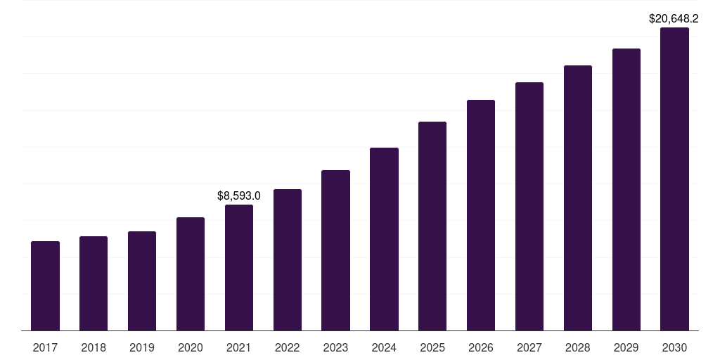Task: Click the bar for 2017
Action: pos(45,285)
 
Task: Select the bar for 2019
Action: pos(142,281)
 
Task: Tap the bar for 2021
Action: pos(239,267)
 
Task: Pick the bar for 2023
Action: pos(335,250)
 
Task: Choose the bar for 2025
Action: pos(432,226)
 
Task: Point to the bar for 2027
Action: pos(529,206)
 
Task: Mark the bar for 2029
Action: pos(626,189)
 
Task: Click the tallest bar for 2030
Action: pos(674,179)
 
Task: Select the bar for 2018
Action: pos(94,283)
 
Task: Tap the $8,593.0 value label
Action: pos(239,195)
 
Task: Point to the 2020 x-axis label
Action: pos(191,347)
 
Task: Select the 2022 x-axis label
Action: pos(288,347)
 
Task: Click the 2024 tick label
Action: pos(384,347)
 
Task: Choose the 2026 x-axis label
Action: pos(481,347)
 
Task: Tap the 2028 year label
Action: pos(578,347)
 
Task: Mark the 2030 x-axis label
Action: pos(674,347)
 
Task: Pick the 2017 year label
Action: pos(45,347)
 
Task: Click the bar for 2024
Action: pos(384,239)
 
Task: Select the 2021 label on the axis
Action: pos(239,347)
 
